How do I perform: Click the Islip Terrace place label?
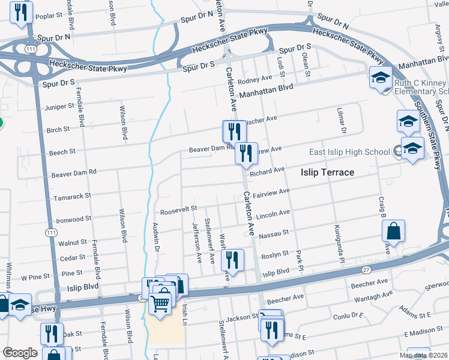(327, 172)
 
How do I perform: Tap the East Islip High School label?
(349, 152)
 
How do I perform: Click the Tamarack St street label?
(71, 196)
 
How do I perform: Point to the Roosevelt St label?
(178, 209)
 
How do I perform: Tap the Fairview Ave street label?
(271, 194)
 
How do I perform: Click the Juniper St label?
(59, 106)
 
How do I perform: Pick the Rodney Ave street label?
(255, 79)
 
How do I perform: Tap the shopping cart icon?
(160, 304)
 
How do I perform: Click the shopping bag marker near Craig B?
(393, 230)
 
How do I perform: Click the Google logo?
(20, 353)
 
